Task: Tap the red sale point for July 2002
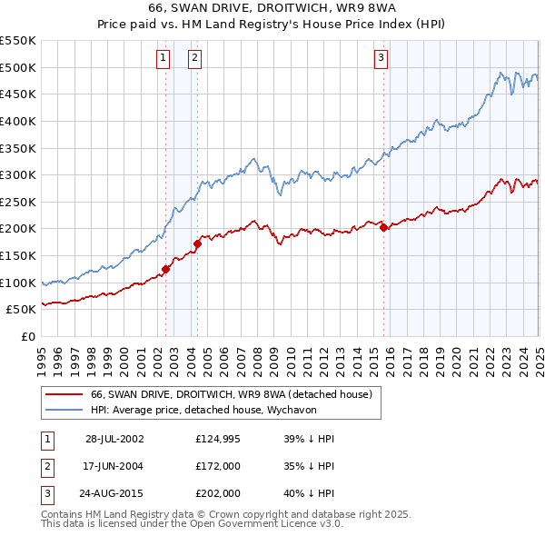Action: pos(166,269)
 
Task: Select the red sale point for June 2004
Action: pos(197,243)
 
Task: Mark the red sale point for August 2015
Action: pos(383,227)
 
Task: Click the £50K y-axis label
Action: pos(21,310)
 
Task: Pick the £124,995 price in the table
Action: pos(216,439)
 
